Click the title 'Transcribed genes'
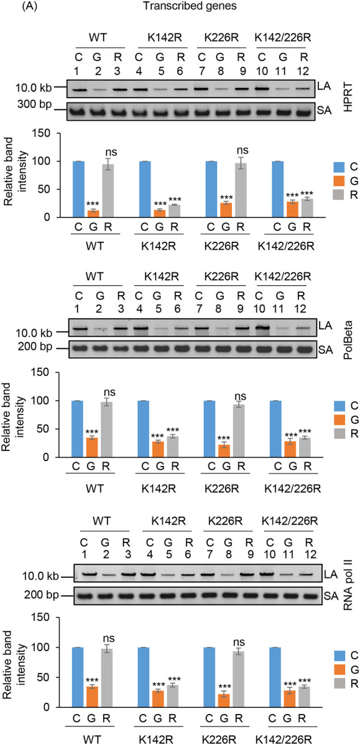[181, 8]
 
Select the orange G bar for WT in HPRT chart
[95, 193]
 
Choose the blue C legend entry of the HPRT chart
[333, 166]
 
